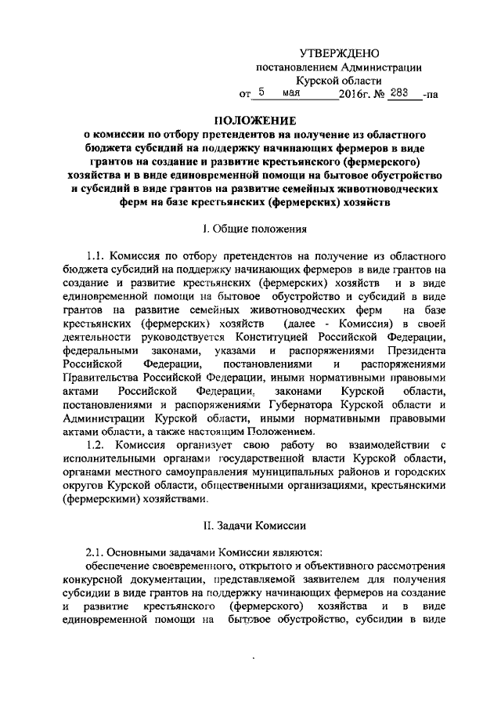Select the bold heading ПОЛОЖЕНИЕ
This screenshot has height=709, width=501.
click(x=250, y=120)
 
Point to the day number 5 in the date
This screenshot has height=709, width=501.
click(x=264, y=92)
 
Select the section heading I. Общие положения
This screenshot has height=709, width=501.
click(x=250, y=229)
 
